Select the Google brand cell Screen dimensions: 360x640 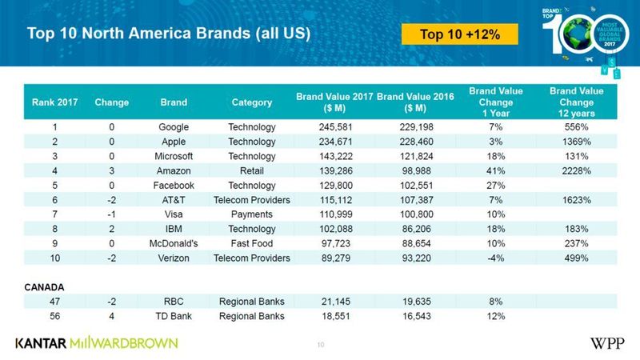point(174,127)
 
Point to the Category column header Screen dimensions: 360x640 point(251,102)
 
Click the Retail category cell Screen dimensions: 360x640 point(251,170)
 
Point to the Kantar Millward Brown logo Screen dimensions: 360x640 point(96,343)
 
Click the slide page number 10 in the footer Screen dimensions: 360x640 point(320,345)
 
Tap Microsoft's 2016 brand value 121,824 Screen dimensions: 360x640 point(414,155)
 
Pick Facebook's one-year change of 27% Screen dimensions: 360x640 point(496,184)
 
